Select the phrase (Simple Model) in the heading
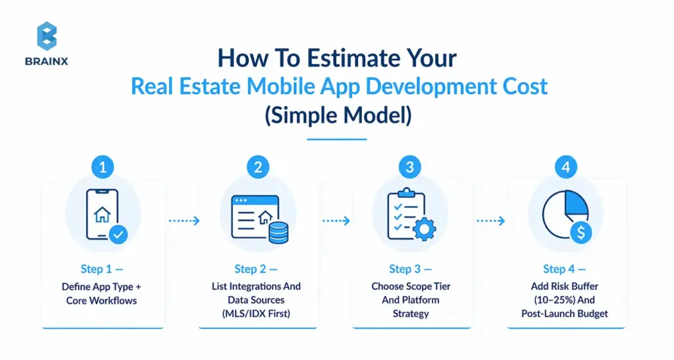[x=337, y=115]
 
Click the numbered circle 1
[x=102, y=167]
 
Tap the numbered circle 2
[x=257, y=167]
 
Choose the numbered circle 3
[x=410, y=167]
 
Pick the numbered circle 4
[x=564, y=167]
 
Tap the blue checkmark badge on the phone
[x=118, y=234]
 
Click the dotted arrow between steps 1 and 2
[x=184, y=221]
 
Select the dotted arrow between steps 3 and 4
[x=491, y=221]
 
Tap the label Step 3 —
[x=410, y=269]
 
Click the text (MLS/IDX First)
[x=256, y=313]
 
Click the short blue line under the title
[x=337, y=139]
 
